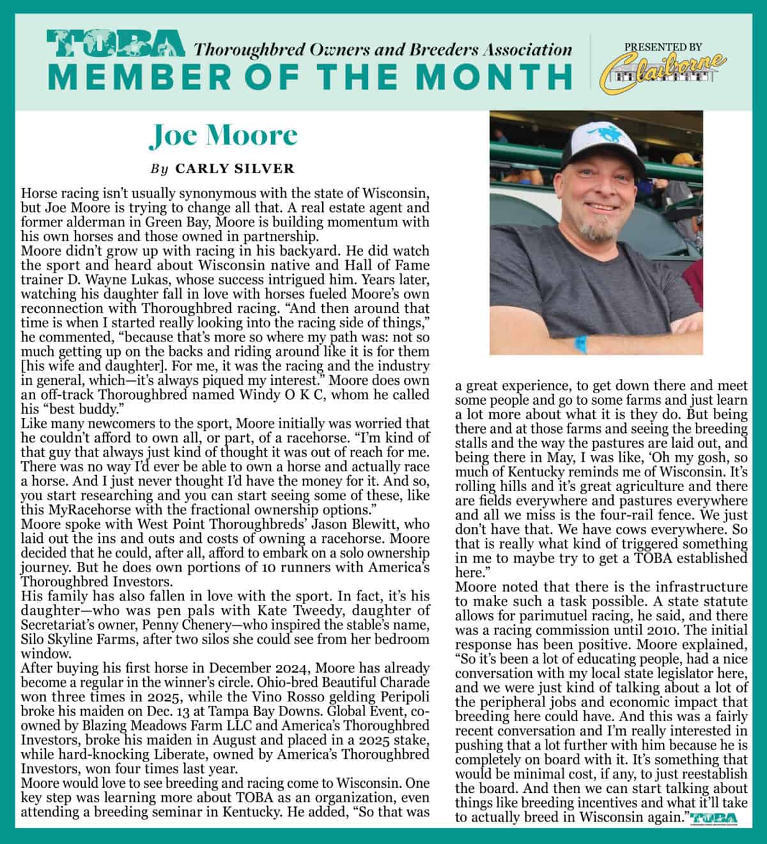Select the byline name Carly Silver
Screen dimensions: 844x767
pyautogui.click(x=235, y=169)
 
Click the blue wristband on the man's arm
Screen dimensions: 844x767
pyautogui.click(x=583, y=344)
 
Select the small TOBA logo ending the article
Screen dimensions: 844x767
pyautogui.click(x=714, y=818)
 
